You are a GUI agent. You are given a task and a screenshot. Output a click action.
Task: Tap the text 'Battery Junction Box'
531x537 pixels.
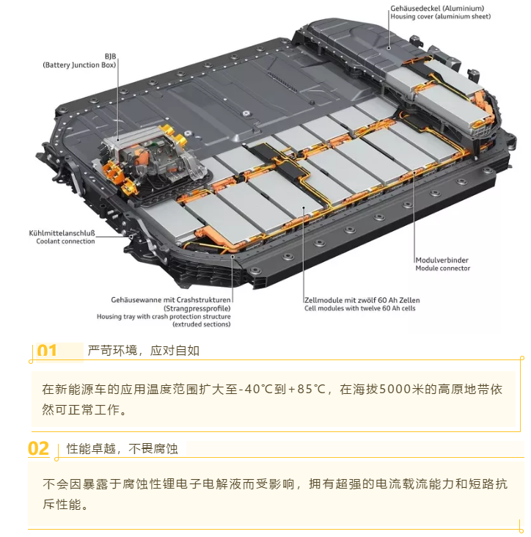coord(79,65)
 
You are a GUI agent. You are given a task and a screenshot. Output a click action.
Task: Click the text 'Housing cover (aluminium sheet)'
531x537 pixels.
coord(441,17)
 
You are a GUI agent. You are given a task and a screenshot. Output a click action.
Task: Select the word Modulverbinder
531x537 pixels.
coord(442,260)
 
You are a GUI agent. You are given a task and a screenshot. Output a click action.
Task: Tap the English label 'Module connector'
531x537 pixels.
coord(443,268)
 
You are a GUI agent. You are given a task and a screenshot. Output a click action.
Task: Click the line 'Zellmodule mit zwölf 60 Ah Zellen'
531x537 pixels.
coord(362,301)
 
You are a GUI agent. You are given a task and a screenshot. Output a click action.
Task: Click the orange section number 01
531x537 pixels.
coord(47,351)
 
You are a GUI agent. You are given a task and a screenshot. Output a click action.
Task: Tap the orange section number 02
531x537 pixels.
coord(39,448)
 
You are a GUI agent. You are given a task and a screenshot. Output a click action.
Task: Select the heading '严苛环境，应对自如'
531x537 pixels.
coord(143,351)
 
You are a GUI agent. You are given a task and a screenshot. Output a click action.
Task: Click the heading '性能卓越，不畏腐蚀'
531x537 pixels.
coord(122,448)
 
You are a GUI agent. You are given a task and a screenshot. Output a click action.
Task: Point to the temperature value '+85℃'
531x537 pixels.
coord(307,390)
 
